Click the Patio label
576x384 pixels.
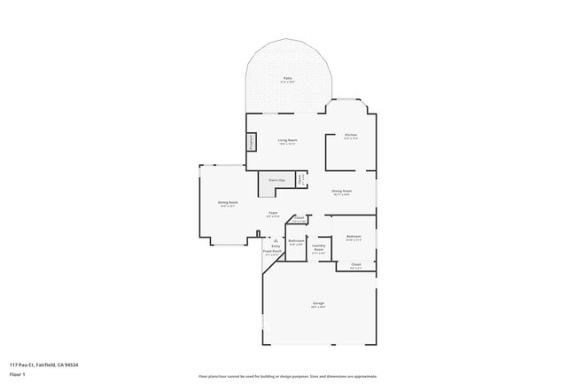click(288, 79)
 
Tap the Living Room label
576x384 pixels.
click(287, 140)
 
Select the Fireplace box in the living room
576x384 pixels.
click(251, 141)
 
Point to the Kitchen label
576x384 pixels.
click(351, 135)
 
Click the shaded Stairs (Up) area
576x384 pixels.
click(276, 180)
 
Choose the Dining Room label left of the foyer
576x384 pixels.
click(228, 202)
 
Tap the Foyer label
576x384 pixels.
click(274, 213)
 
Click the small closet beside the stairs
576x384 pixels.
click(301, 180)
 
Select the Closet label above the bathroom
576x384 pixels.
click(300, 218)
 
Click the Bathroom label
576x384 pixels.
click(296, 240)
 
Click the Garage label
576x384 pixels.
click(318, 303)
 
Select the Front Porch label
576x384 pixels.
click(272, 251)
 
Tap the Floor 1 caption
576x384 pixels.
click(17, 375)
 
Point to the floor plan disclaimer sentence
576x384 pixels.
click(288, 376)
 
